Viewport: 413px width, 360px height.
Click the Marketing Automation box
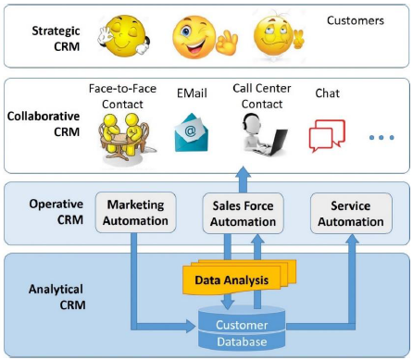coord(136,213)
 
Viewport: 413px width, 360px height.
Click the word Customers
coord(357,20)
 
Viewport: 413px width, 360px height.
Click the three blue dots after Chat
coord(382,138)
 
